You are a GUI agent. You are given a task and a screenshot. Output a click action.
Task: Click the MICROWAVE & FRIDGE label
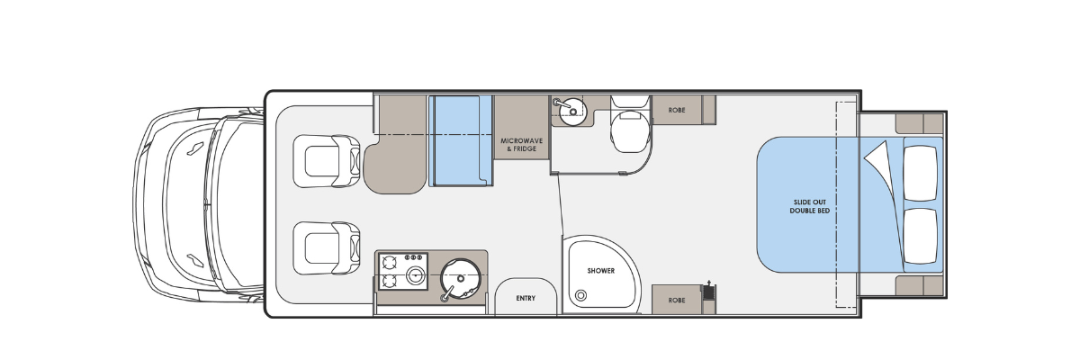click(x=521, y=145)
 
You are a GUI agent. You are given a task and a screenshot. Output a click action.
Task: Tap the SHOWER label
click(x=601, y=271)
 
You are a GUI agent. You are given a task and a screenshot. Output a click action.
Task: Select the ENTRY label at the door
click(x=526, y=298)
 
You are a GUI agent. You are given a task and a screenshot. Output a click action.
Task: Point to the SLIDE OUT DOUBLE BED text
click(x=809, y=207)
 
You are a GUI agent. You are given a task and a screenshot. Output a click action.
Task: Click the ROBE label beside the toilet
click(x=677, y=111)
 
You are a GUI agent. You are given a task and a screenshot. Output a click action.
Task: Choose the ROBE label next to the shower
click(x=677, y=301)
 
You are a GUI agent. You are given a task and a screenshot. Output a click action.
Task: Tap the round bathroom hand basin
click(x=572, y=111)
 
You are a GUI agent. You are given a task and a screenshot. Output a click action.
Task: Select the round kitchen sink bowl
click(x=460, y=279)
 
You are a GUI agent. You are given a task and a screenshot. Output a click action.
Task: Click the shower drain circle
click(x=581, y=295)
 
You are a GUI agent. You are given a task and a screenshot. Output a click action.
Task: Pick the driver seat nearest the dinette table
click(x=327, y=161)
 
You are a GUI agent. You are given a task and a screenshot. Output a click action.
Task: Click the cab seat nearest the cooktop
click(x=327, y=248)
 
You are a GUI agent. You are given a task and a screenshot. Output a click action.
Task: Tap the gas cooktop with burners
click(x=403, y=272)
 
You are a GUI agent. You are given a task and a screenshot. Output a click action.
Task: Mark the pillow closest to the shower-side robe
click(x=921, y=236)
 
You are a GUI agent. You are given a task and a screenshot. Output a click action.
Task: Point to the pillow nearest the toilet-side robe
click(x=921, y=173)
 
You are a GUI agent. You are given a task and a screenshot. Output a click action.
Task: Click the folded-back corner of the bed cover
click(x=877, y=155)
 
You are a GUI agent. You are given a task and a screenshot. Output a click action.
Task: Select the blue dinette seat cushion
click(x=461, y=140)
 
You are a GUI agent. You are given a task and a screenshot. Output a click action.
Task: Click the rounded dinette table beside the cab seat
click(x=395, y=164)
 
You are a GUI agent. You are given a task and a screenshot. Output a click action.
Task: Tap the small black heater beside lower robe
click(x=707, y=292)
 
